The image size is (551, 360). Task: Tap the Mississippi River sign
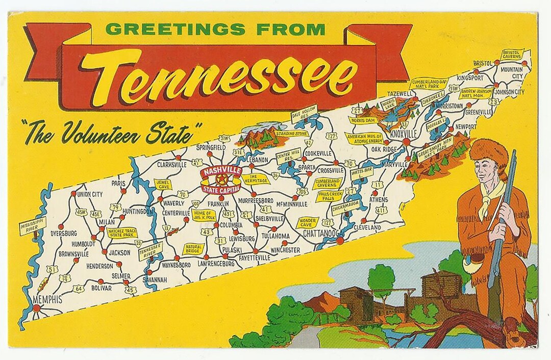point(32,225)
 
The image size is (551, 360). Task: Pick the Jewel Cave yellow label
point(163,184)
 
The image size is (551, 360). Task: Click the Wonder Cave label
point(307,222)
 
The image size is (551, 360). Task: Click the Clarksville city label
point(171,165)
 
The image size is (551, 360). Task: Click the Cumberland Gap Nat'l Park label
point(429,84)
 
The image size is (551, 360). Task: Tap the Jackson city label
point(119,252)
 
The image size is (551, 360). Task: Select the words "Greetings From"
point(215,29)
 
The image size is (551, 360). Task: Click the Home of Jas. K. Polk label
point(204,216)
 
